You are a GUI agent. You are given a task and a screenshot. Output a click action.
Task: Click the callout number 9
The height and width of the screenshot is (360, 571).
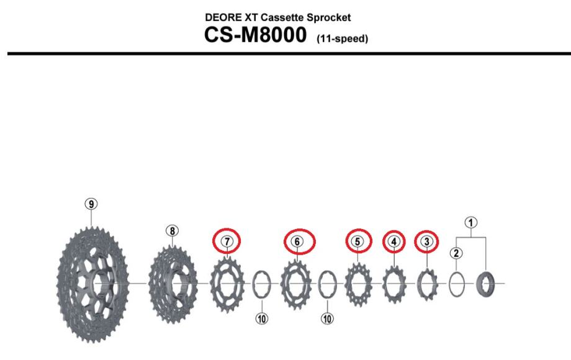91,204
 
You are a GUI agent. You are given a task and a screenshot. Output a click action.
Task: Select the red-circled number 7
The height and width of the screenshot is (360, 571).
227,241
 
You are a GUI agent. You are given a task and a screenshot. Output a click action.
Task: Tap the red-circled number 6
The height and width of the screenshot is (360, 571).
297,241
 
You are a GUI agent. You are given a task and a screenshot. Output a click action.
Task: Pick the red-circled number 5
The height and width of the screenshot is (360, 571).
357,241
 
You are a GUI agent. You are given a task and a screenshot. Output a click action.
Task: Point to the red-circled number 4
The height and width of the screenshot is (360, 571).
394,241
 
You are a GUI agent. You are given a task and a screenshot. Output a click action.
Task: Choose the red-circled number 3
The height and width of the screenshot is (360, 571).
427,241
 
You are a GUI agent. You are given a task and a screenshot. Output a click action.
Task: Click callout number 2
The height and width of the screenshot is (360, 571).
456,253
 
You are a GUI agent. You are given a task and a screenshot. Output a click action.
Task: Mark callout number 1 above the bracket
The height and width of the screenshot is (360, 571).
471,222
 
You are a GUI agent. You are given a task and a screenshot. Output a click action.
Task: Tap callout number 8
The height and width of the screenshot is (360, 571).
173,231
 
